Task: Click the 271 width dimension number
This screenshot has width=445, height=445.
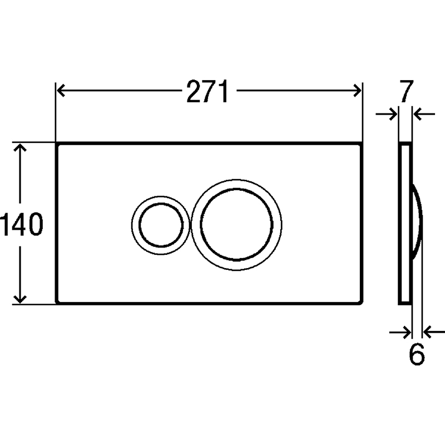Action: [207, 91]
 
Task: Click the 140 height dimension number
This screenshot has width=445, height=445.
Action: [22, 225]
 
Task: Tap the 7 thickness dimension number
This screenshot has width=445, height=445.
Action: [407, 91]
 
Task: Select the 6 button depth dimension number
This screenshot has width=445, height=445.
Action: [417, 354]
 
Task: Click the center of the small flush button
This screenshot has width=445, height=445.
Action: [161, 225]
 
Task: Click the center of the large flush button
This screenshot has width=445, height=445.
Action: [237, 225]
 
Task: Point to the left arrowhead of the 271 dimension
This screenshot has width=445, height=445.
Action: [61, 91]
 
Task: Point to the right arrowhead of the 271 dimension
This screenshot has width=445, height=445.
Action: [357, 91]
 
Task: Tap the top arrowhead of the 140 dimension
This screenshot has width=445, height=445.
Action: [20, 147]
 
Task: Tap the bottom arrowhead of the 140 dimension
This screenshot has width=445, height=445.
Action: [20, 299]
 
